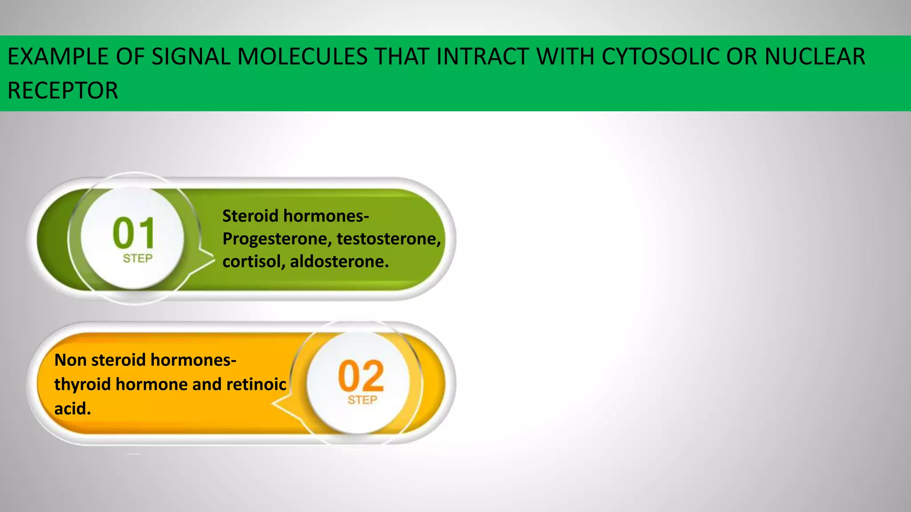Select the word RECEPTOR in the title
point(63,91)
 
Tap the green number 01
point(133,233)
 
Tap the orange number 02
point(361,376)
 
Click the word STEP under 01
point(137,259)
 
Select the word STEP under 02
point(362,400)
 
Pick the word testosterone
point(388,239)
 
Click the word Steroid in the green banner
point(250,216)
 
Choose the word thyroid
point(82,384)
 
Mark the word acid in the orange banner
point(71,408)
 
